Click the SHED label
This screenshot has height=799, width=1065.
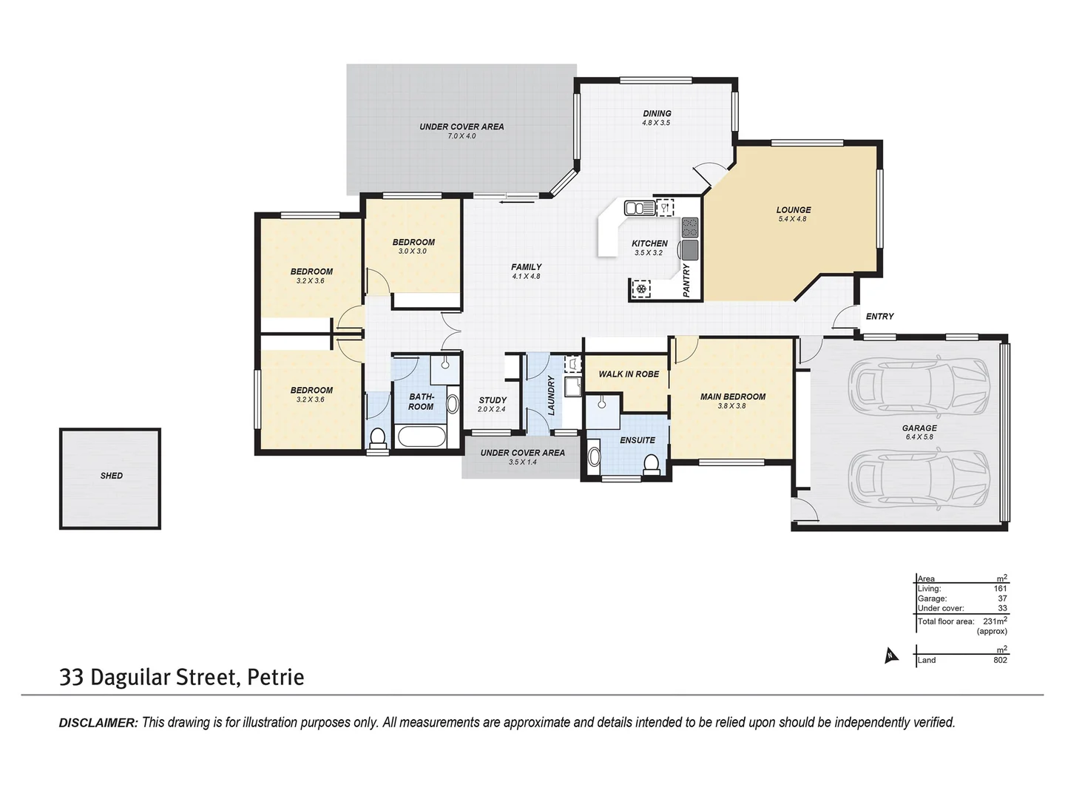click(x=112, y=476)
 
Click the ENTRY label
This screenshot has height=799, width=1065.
click(x=879, y=317)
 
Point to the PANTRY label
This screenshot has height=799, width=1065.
click(x=686, y=280)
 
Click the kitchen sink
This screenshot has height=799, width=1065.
click(x=639, y=208)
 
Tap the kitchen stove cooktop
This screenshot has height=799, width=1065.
click(x=690, y=226)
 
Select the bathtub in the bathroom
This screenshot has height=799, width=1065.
click(x=421, y=436)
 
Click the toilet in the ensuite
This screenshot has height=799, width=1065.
click(x=651, y=464)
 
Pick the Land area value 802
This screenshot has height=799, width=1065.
click(x=1000, y=660)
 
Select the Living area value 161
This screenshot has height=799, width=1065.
click(x=1000, y=589)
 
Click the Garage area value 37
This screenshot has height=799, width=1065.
click(x=1002, y=599)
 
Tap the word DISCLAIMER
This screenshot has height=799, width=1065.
click(x=98, y=723)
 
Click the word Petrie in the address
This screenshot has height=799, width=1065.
click(x=275, y=677)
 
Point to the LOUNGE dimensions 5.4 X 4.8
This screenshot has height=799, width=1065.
click(x=792, y=220)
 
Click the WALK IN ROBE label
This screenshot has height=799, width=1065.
click(x=629, y=374)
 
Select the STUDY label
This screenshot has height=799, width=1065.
click(x=493, y=400)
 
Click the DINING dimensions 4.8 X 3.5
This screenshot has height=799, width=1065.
click(x=656, y=123)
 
